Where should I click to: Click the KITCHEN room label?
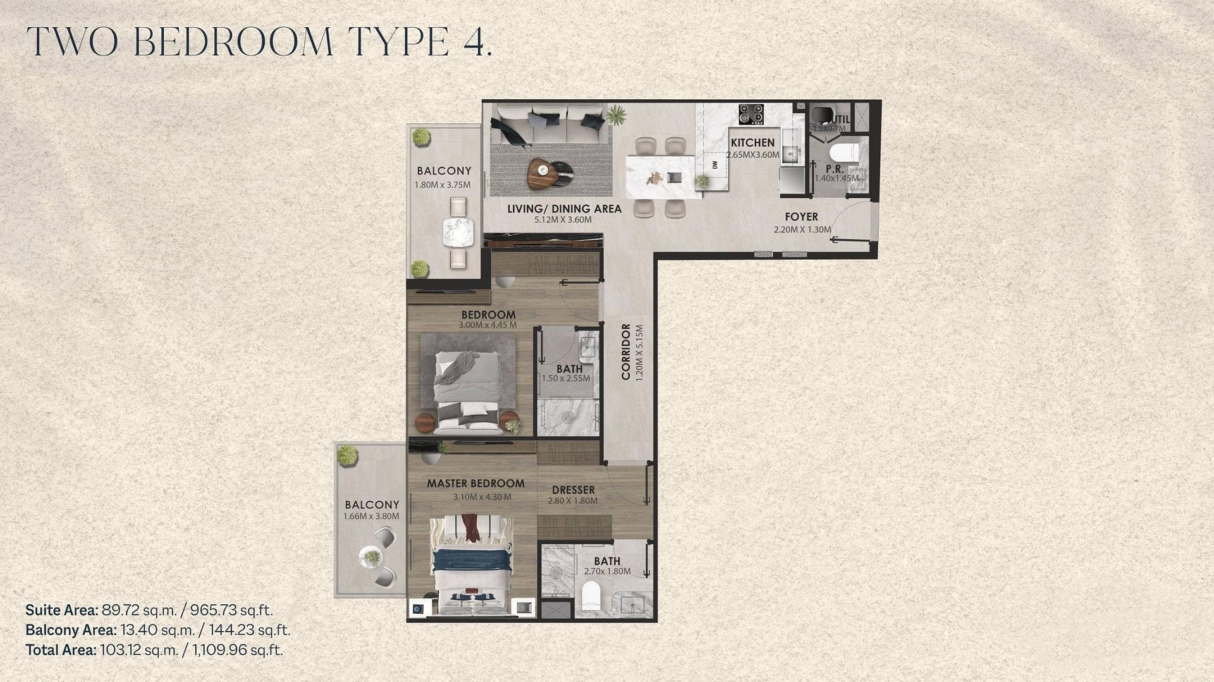click(752, 143)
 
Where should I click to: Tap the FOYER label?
click(802, 217)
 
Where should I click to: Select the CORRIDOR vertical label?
click(626, 351)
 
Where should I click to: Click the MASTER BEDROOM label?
click(475, 484)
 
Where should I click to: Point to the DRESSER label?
click(573, 490)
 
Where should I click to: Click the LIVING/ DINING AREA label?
click(564, 209)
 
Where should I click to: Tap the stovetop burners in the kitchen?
click(751, 114)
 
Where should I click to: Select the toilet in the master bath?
click(590, 595)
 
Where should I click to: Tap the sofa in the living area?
click(550, 125)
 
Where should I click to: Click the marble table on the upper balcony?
click(457, 232)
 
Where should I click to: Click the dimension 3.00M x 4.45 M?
click(487, 326)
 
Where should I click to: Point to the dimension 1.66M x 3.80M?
click(371, 516)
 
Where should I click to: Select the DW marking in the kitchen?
click(714, 165)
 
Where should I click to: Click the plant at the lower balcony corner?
click(347, 455)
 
